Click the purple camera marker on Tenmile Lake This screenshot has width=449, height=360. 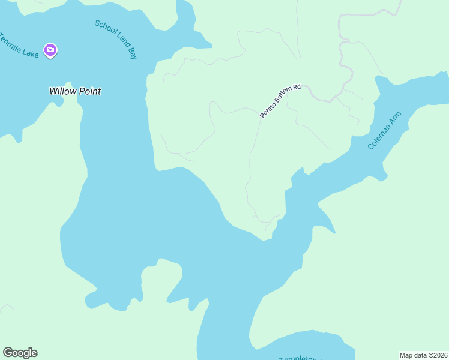[50, 50]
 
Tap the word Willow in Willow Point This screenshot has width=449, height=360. [62, 92]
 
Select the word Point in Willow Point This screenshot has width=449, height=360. [89, 92]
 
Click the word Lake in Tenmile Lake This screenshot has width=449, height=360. [31, 53]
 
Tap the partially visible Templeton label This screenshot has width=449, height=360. [298, 358]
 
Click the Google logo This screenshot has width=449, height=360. [20, 353]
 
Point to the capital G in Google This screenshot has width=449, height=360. [8, 353]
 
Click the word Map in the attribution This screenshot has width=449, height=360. [406, 355]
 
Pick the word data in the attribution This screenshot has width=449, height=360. [420, 355]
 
